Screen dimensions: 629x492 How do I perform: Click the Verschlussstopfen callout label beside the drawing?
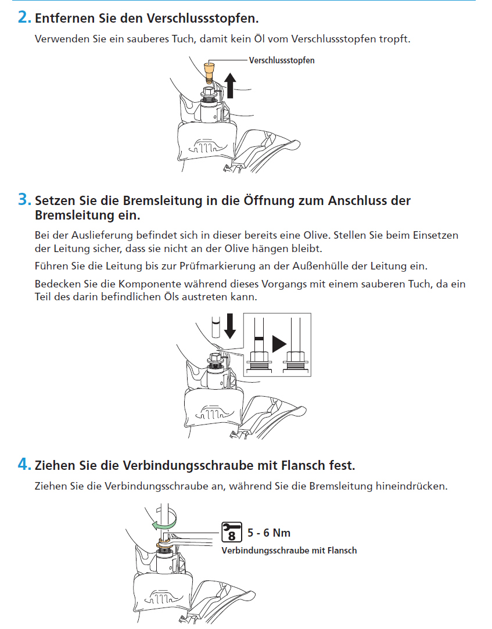pos(282,60)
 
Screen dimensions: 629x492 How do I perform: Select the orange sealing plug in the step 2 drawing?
pos(209,72)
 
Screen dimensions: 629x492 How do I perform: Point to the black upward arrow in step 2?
pos(230,86)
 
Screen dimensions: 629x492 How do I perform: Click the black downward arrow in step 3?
pos(230,326)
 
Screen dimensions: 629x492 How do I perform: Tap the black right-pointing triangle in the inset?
pos(279,343)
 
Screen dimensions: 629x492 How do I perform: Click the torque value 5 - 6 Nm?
pos(269,533)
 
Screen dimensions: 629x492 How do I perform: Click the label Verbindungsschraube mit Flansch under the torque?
pos(289,550)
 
